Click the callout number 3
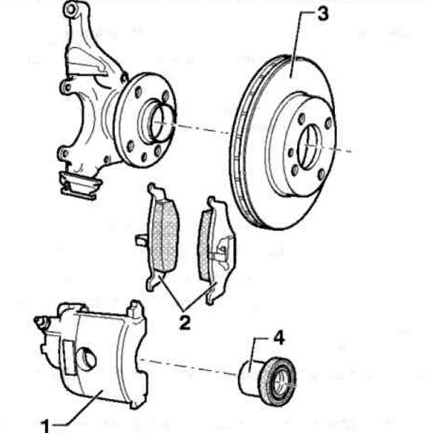pyautogui.click(x=323, y=14)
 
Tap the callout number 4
pyautogui.click(x=279, y=338)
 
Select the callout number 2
pyautogui.click(x=185, y=323)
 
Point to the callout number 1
pyautogui.click(x=45, y=426)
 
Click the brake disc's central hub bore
pyautogui.click(x=310, y=146)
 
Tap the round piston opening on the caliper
pyautogui.click(x=87, y=358)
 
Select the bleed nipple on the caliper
pyautogui.click(x=40, y=321)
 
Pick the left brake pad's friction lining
pyautogui.click(x=164, y=235)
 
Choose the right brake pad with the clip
pyautogui.click(x=217, y=250)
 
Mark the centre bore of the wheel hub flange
pyautogui.click(x=158, y=122)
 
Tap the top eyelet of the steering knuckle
pyautogui.click(x=70, y=9)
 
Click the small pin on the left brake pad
pyautogui.click(x=141, y=239)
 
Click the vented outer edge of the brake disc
pyautogui.click(x=239, y=144)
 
